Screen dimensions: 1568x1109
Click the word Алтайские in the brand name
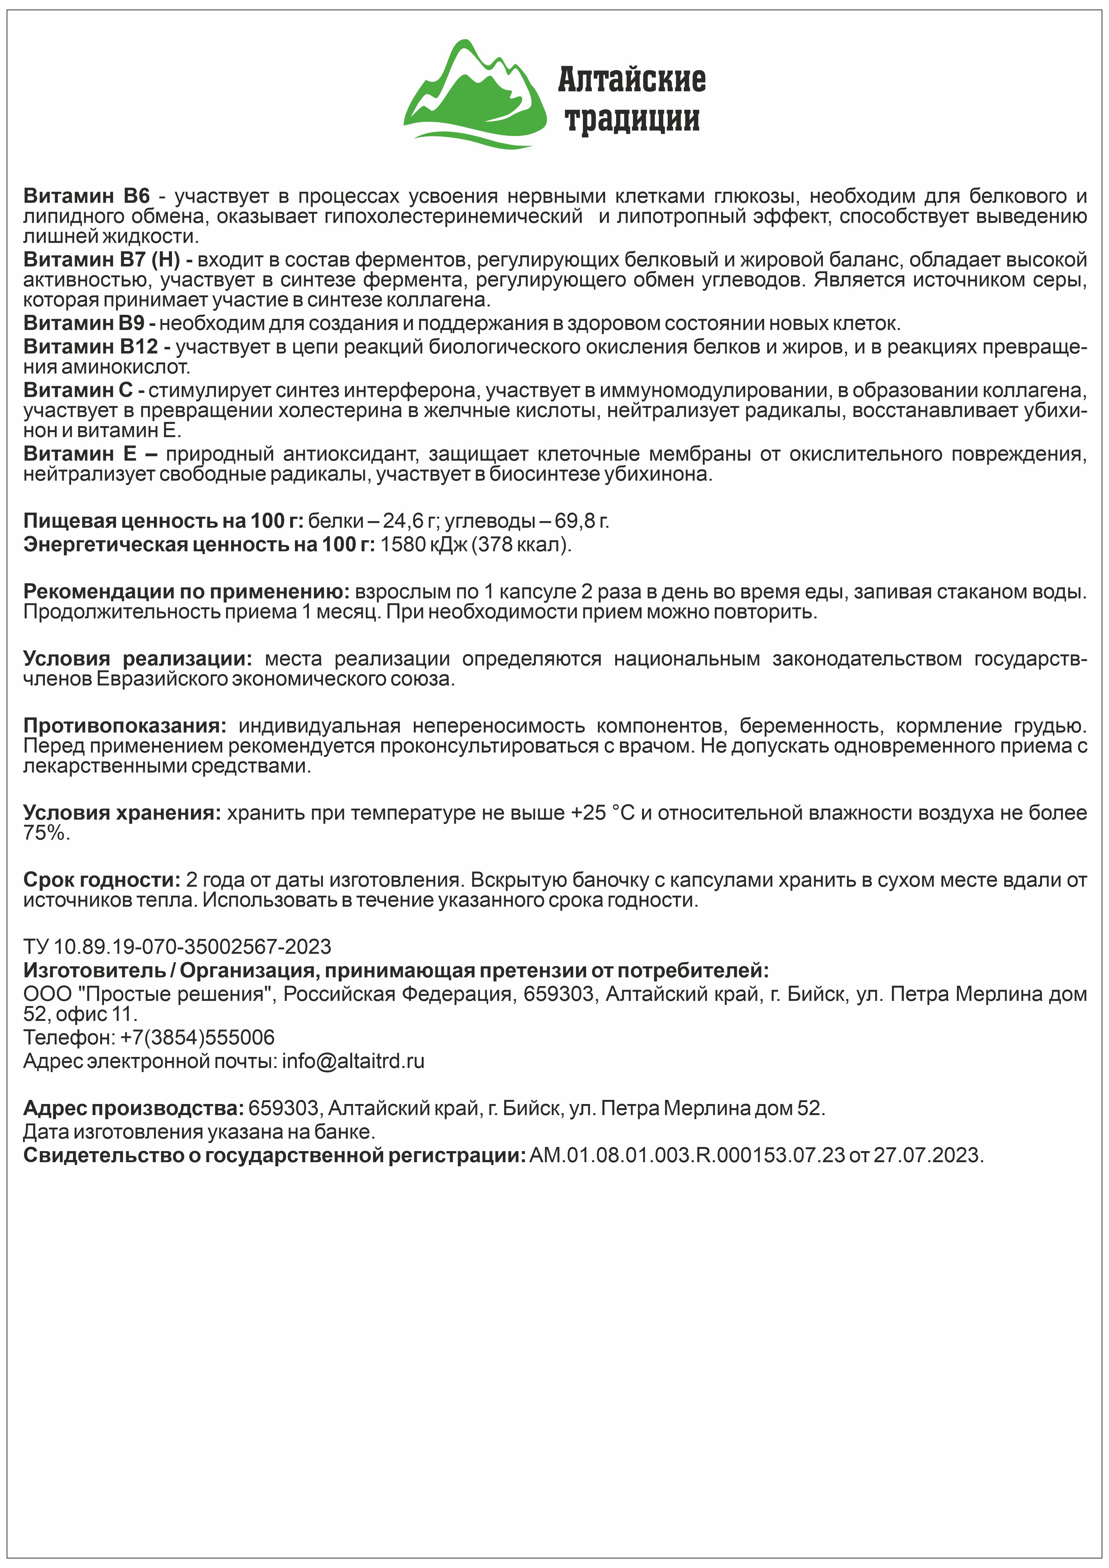tap(632, 80)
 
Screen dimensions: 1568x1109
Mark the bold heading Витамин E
tap(90, 454)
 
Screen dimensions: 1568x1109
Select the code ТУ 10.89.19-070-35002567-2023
tap(177, 947)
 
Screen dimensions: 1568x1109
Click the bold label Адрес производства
tap(133, 1108)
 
